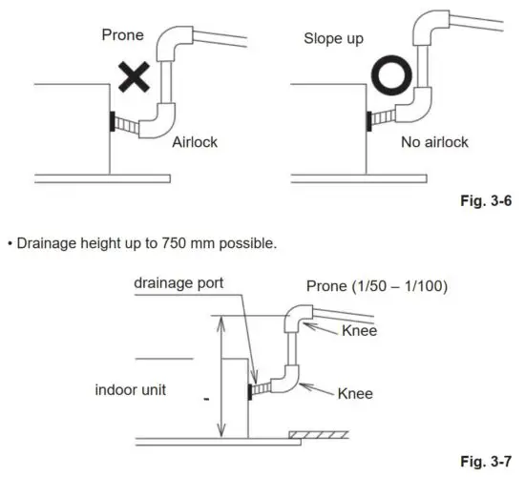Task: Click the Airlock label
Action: (196, 141)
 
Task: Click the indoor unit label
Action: (142, 389)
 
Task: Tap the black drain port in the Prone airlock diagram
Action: (112, 121)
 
